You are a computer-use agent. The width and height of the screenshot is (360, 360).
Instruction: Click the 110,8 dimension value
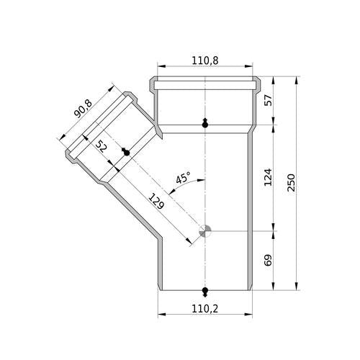pyautogui.click(x=205, y=60)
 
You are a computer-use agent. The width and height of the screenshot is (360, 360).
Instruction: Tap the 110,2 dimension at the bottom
pyautogui.click(x=205, y=309)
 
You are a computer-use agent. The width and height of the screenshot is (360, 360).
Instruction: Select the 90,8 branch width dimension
pyautogui.click(x=83, y=109)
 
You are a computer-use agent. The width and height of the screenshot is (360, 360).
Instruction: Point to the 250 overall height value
pyautogui.click(x=291, y=183)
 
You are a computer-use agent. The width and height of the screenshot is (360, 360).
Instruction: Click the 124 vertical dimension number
pyautogui.click(x=268, y=177)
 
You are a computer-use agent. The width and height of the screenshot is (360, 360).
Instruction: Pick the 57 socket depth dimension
pyautogui.click(x=268, y=100)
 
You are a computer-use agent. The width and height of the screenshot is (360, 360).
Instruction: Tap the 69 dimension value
pyautogui.click(x=268, y=260)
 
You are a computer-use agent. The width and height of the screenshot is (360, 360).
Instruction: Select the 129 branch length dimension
pyautogui.click(x=156, y=201)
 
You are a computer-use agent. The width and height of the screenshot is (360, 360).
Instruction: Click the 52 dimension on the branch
pyautogui.click(x=101, y=146)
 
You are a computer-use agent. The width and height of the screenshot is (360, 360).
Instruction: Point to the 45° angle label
pyautogui.click(x=183, y=178)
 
